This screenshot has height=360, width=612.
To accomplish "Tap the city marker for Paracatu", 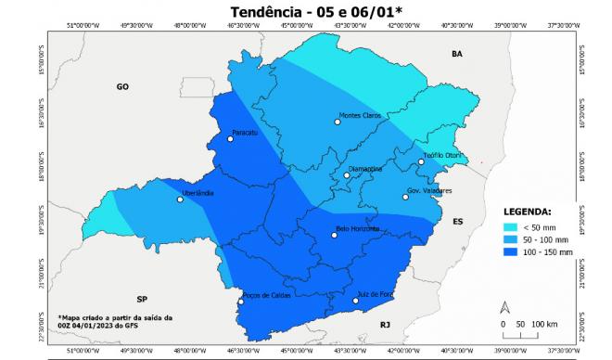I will point(231,139).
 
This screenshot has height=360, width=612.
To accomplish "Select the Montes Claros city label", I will point(361,115).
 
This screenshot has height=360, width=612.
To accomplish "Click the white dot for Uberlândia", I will point(181,199).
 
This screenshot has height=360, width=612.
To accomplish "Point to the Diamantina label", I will point(364,169).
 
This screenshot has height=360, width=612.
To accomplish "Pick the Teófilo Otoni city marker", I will point(421,161).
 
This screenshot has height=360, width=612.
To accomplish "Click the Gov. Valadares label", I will point(429,190).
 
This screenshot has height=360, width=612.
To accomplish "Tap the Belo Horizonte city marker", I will point(335,235).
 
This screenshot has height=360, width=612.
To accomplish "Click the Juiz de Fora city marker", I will point(356,300).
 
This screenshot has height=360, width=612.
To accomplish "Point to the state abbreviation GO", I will point(121,86).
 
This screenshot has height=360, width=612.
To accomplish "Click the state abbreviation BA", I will point(456,55).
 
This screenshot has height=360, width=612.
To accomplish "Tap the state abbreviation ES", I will point(457,222).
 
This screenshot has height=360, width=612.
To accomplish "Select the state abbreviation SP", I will point(142,299).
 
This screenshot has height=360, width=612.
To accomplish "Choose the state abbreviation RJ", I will point(386,323).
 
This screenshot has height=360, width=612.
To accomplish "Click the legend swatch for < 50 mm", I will point(511,226).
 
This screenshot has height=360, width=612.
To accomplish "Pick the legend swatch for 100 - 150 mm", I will point(511,251).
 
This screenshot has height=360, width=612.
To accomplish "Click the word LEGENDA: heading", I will point(527,211).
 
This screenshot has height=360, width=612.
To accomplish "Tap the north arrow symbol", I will point(504,307).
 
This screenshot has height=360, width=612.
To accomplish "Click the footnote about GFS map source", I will point(113,320).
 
